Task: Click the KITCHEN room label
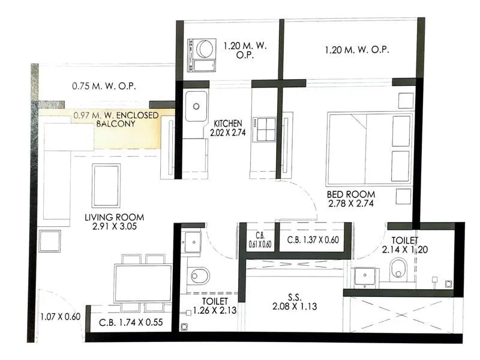[228, 124]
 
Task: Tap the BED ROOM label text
[351, 194]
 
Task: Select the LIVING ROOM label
[114, 217]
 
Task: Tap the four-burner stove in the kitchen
[263, 130]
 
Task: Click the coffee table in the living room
[106, 184]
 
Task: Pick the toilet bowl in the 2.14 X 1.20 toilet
[399, 269]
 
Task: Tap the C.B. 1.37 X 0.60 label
[313, 240]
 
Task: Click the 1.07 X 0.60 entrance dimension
[60, 317]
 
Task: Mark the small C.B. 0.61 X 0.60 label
[260, 240]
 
